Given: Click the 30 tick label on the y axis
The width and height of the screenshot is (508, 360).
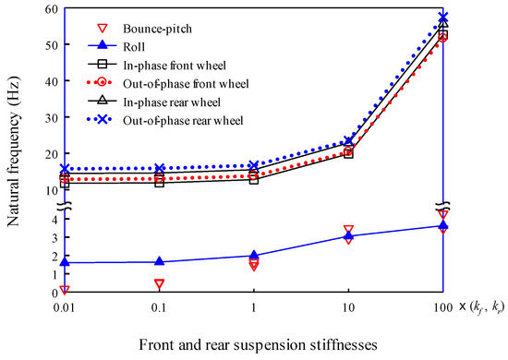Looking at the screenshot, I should click(48, 117).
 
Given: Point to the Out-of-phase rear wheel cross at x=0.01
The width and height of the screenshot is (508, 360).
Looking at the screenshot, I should click(64, 170).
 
